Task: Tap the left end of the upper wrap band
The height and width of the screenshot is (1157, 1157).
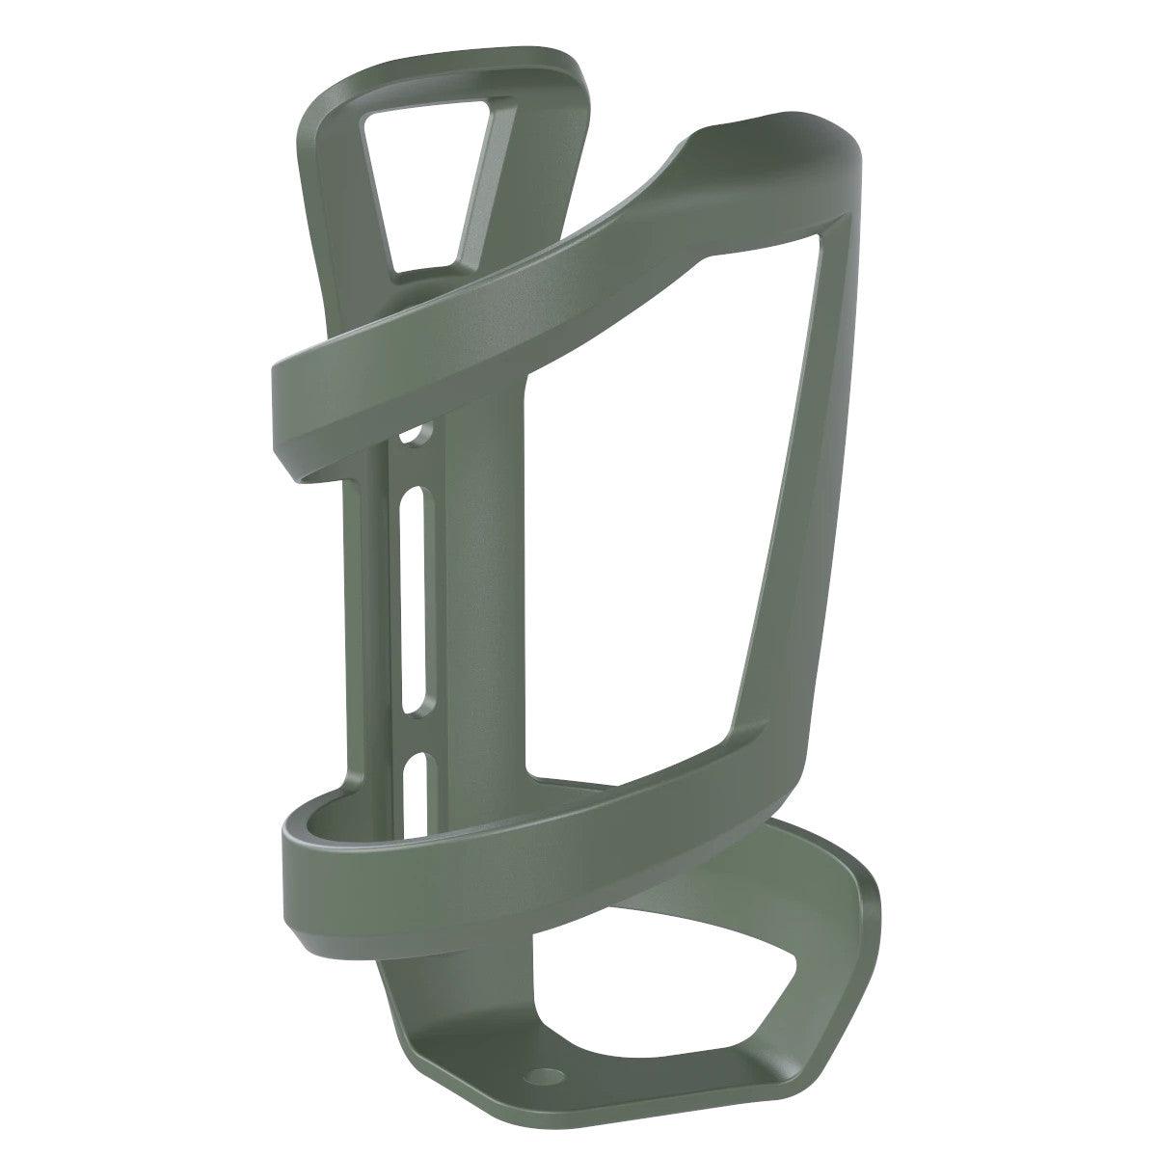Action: coord(299,405)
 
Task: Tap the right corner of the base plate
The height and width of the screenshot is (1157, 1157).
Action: coord(868,906)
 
